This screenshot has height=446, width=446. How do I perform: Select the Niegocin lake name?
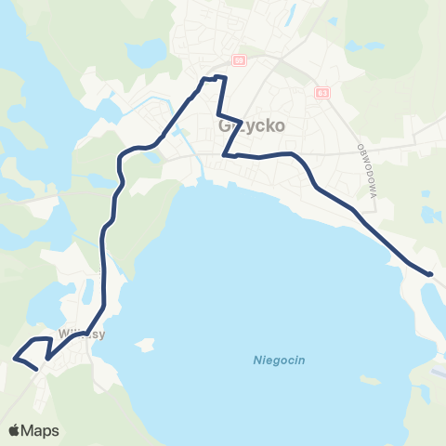[x=280, y=361]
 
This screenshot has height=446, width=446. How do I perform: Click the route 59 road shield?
[x=239, y=60]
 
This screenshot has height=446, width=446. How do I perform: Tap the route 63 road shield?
[x=321, y=93]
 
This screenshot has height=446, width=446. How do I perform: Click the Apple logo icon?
[x=15, y=431]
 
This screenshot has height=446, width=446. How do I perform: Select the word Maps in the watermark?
[x=41, y=431]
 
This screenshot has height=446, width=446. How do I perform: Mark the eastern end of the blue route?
[x=430, y=273]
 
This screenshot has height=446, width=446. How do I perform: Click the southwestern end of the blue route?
[x=35, y=369]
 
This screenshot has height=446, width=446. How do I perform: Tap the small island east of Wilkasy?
[x=143, y=346]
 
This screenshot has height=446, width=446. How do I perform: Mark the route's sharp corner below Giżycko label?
[x=226, y=155]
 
